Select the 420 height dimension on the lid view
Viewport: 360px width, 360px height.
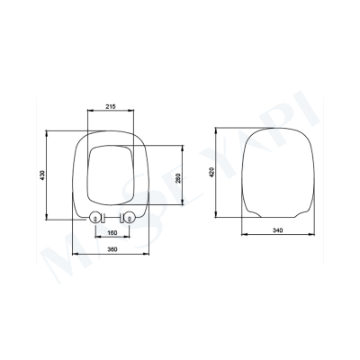coord(211,174)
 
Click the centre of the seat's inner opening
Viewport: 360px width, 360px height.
coord(112,171)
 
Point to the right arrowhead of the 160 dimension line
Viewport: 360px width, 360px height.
coord(130,239)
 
